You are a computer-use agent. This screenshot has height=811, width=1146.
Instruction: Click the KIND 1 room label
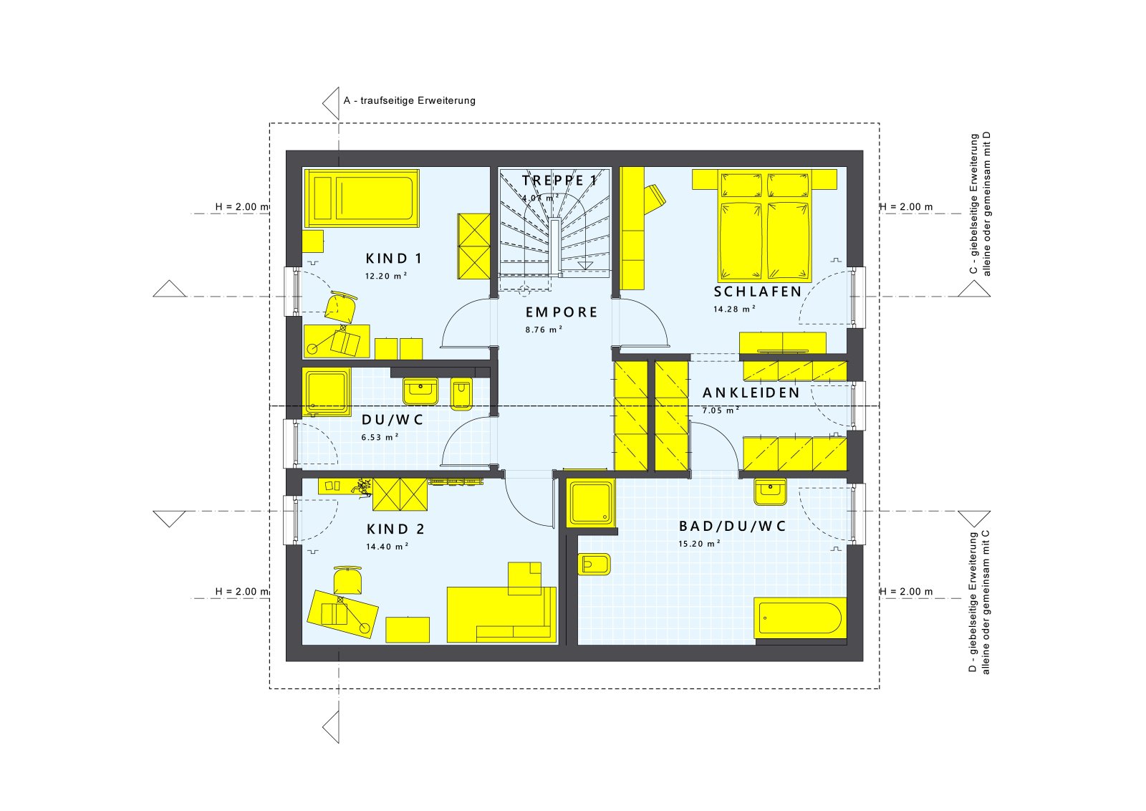click(393, 259)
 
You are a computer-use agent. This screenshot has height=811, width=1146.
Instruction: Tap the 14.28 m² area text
click(733, 309)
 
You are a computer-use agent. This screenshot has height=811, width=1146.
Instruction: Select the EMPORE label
click(562, 312)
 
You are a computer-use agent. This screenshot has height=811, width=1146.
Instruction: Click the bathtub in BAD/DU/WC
click(799, 618)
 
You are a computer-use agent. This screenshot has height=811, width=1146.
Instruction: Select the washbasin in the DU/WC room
click(420, 391)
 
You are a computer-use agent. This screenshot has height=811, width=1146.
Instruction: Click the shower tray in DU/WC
click(326, 392)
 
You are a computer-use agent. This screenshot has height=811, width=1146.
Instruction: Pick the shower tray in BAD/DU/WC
click(591, 502)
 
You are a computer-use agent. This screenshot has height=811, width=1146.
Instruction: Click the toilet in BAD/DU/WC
click(594, 565)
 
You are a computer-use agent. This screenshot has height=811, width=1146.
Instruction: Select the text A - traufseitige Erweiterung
click(409, 100)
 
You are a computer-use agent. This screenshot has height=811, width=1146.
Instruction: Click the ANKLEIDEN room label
click(751, 393)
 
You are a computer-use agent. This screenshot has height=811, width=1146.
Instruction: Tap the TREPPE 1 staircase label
click(559, 181)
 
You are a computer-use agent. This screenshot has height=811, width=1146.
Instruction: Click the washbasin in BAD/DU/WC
click(770, 491)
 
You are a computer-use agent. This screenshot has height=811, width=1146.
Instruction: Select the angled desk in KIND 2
click(342, 614)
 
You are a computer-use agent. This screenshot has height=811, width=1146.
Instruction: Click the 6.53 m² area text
click(380, 437)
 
